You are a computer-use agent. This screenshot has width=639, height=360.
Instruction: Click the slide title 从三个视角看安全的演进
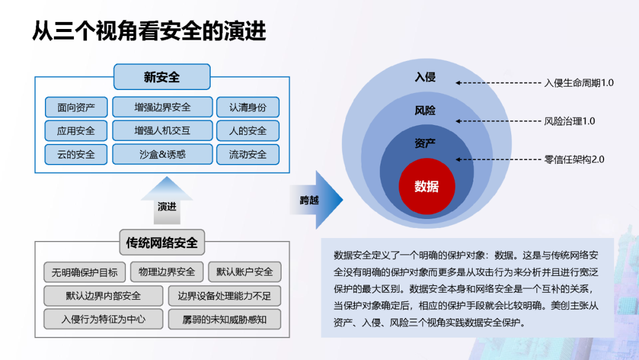click(149, 31)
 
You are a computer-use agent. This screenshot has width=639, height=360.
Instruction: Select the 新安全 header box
click(162, 77)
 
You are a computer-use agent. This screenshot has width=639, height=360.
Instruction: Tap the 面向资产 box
click(76, 107)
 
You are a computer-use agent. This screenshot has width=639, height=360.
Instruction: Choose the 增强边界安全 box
click(162, 107)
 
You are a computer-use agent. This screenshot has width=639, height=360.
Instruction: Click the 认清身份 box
click(247, 107)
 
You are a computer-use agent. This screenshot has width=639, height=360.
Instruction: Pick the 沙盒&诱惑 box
click(162, 155)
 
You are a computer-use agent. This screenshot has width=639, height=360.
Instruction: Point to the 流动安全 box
click(247, 155)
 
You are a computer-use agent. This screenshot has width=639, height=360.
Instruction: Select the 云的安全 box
click(76, 155)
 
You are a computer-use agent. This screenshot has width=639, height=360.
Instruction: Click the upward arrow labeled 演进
click(167, 201)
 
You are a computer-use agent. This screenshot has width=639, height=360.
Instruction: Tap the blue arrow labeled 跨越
click(317, 200)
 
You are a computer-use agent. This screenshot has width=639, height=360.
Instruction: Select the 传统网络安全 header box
click(162, 242)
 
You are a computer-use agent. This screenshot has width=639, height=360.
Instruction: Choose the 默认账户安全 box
click(244, 272)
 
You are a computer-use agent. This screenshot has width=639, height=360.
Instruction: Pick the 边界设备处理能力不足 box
click(224, 296)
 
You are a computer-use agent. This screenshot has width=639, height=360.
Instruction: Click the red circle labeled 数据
click(427, 187)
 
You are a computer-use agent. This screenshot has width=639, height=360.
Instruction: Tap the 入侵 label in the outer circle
click(425, 78)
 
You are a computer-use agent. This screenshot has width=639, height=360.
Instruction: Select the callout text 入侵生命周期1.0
click(579, 83)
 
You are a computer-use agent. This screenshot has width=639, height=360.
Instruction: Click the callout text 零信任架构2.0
click(574, 159)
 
